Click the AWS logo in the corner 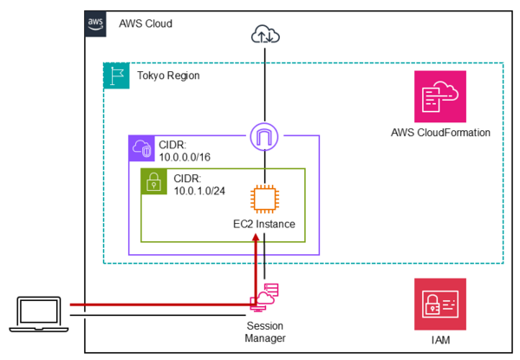click(95, 23)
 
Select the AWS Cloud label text click(146, 23)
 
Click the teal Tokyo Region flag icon click(116, 75)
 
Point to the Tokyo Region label click(168, 75)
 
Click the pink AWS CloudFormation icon click(440, 97)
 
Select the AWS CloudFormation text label click(441, 133)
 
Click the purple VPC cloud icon click(140, 148)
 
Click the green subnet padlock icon click(153, 181)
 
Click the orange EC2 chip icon click(263, 198)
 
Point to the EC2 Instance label click(264, 224)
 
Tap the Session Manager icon click(263, 298)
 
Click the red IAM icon click(440, 304)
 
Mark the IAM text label click(441, 340)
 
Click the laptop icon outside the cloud click(39, 313)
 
